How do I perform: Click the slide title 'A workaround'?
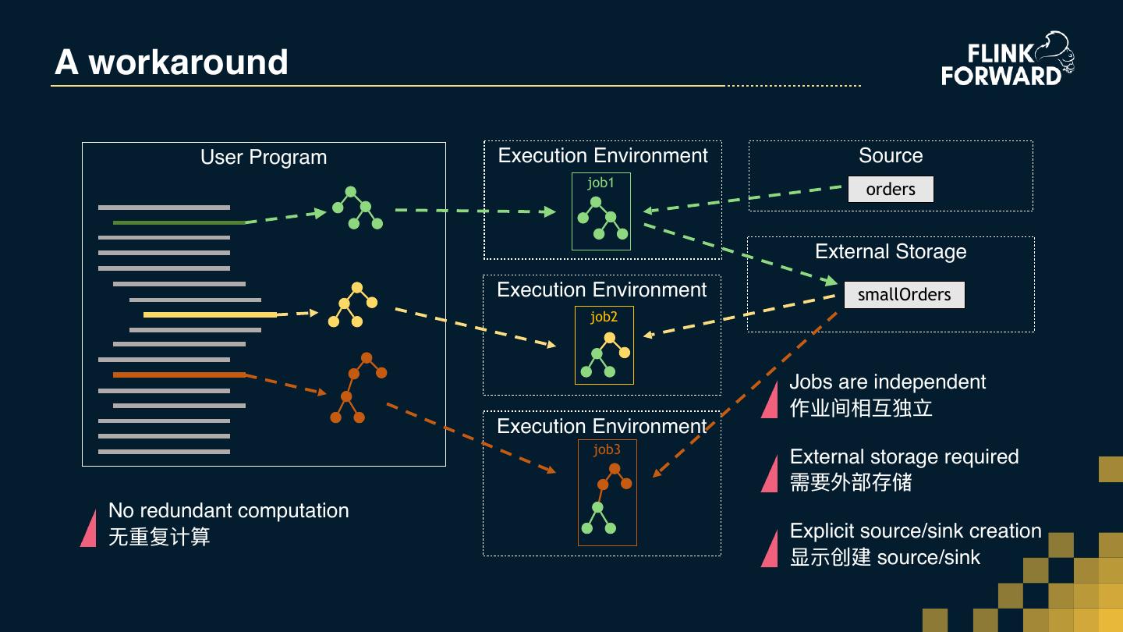[x=172, y=62]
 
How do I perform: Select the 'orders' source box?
[x=891, y=190]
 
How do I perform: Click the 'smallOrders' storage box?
[x=904, y=295]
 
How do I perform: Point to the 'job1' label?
[x=600, y=183]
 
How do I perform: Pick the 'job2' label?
[x=604, y=317]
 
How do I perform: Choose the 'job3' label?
[x=607, y=449]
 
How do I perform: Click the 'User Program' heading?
[x=264, y=157]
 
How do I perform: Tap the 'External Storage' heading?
[x=891, y=251]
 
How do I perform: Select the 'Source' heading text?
[x=891, y=155]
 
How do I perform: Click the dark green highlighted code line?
[x=179, y=222]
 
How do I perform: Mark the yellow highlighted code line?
[x=210, y=314]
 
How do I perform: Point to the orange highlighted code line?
[x=179, y=375]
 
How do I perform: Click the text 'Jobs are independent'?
[x=887, y=382]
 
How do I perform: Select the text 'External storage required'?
[x=904, y=456]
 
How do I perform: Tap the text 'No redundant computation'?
[x=228, y=510]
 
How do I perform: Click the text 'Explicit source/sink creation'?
[x=916, y=531]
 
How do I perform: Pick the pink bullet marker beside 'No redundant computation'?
[x=89, y=529]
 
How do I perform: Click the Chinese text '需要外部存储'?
[x=851, y=482]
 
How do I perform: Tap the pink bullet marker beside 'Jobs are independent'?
[x=771, y=400]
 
